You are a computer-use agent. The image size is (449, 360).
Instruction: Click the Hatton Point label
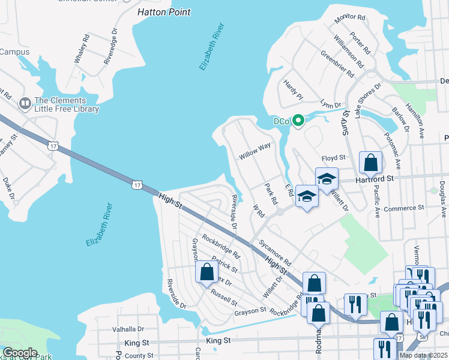pos(163,12)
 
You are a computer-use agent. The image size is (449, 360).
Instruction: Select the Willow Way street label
pos(255,151)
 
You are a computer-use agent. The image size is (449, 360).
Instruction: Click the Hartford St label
pos(373,179)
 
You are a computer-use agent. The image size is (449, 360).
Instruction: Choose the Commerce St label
pos(405,208)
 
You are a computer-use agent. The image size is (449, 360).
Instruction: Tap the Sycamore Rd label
pos(275,254)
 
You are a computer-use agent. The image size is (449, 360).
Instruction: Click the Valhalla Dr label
pos(128,329)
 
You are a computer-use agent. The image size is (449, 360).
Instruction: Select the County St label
pos(139,356)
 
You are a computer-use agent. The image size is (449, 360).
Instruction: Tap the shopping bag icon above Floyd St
pos(370,162)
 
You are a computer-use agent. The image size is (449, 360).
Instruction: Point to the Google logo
pos(20,353)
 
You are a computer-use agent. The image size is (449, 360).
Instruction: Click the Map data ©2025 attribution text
pos(423,355)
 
